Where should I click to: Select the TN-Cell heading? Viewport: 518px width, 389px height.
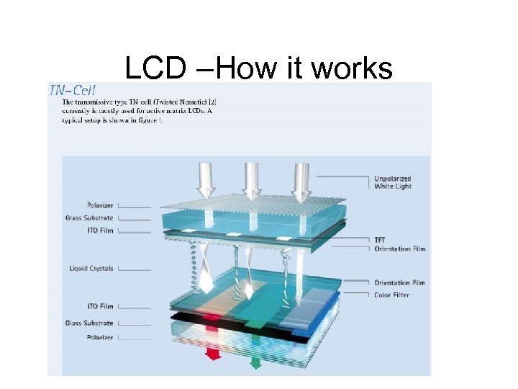[72, 90]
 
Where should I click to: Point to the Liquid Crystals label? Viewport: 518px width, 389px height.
[91, 269]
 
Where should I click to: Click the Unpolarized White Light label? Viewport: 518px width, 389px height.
[392, 182]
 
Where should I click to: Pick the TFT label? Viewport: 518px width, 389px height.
[380, 240]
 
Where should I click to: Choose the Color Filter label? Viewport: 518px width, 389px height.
[391, 295]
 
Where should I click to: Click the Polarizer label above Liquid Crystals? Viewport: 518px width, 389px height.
[99, 205]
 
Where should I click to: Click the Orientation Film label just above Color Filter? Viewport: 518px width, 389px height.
[399, 283]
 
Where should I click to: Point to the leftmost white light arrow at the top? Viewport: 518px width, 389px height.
[206, 180]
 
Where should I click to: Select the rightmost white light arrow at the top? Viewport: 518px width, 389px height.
[301, 180]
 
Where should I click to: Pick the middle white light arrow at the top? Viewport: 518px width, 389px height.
[252, 180]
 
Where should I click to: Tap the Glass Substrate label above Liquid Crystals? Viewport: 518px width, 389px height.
[89, 218]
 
